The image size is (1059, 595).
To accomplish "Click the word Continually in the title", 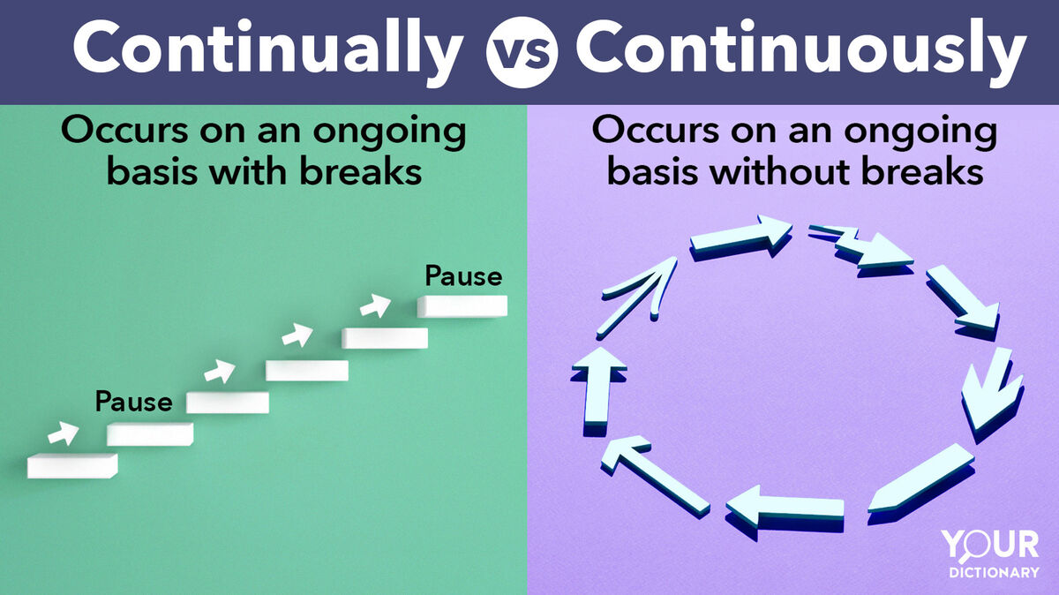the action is pos(268,52).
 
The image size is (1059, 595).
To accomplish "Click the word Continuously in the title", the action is pos(801,52).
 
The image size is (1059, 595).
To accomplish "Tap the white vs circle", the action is pos(522,52).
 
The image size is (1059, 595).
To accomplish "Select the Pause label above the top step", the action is pos(463,276).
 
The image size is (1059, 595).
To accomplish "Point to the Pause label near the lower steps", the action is pos(134,402).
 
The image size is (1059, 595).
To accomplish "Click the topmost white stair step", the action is pos(462,306).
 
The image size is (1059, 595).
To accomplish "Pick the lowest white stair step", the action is pos(72,466).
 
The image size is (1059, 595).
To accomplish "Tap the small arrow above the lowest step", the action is pos(64,433).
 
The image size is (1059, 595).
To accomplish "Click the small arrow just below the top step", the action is pos(375,305).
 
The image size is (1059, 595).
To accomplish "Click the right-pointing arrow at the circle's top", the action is pos(740,237).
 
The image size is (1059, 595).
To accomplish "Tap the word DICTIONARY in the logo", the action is pos(994,573).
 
